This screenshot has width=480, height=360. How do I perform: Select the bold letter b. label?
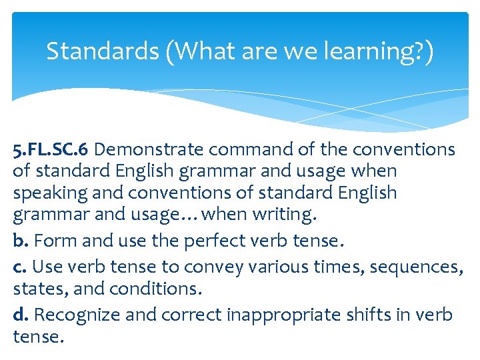point(21,241)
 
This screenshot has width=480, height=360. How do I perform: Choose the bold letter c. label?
point(20,267)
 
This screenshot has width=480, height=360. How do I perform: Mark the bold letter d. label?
point(21,313)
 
